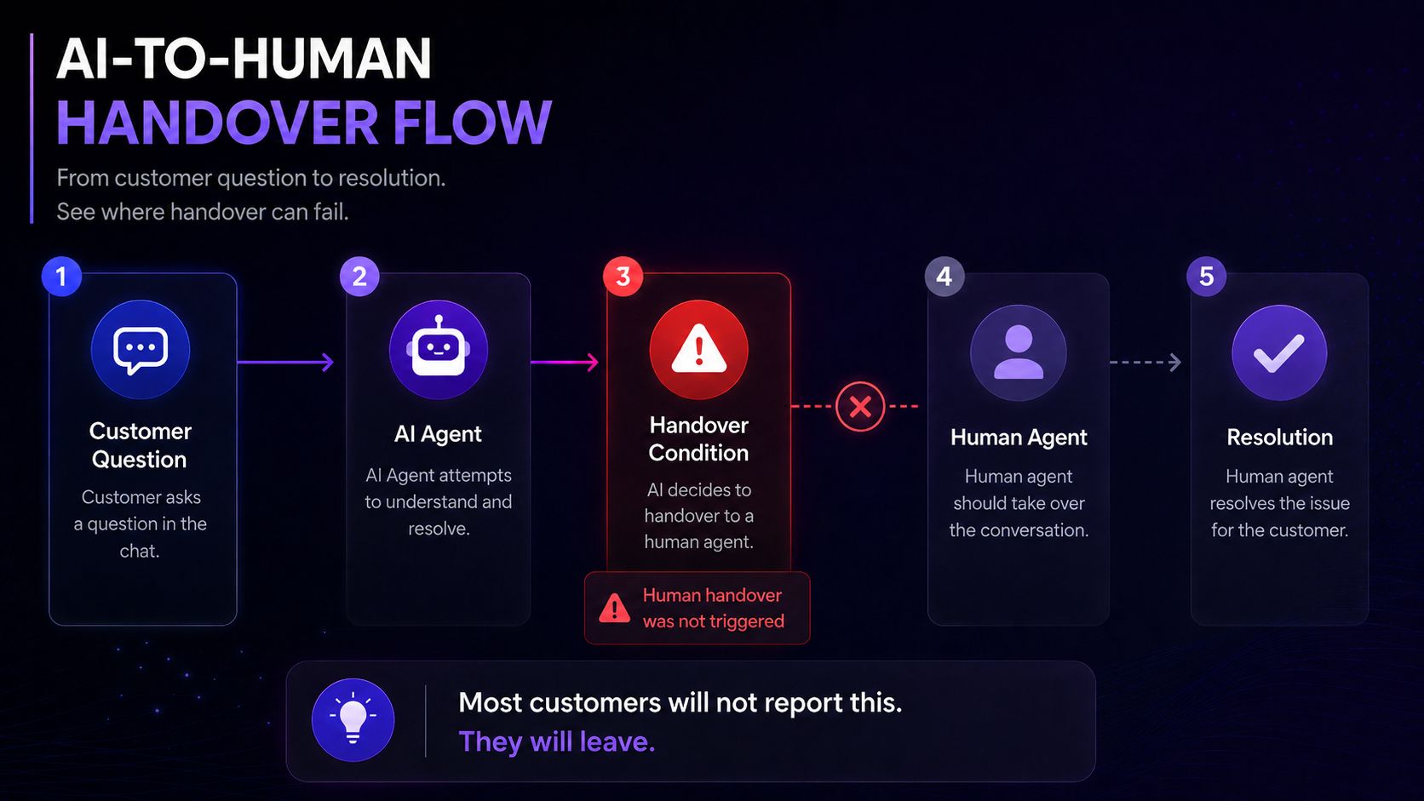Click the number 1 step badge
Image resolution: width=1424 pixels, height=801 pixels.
click(x=61, y=277)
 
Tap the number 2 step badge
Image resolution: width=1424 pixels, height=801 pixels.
click(x=359, y=277)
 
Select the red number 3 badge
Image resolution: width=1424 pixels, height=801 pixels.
click(x=623, y=277)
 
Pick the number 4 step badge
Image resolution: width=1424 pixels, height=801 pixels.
click(x=944, y=277)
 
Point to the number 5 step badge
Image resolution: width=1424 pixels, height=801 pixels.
click(x=1206, y=277)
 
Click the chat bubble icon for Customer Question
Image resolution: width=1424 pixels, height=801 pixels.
click(x=141, y=350)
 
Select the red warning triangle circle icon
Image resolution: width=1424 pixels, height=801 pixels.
click(x=698, y=350)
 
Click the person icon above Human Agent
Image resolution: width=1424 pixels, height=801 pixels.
click(x=1019, y=353)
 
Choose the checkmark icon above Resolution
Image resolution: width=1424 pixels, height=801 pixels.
click(x=1279, y=353)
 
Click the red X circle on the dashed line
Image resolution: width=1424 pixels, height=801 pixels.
click(x=860, y=407)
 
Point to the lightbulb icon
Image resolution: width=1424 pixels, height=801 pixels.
click(x=353, y=720)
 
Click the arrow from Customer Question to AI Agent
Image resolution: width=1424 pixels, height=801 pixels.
click(x=285, y=362)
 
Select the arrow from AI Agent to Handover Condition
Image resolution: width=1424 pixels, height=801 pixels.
click(x=565, y=362)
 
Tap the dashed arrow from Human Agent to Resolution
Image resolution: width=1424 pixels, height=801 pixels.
click(x=1146, y=362)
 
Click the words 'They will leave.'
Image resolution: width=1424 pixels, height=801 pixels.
click(x=557, y=742)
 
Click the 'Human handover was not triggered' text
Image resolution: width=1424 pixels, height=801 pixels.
click(x=713, y=608)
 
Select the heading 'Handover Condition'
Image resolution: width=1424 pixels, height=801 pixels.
click(x=698, y=439)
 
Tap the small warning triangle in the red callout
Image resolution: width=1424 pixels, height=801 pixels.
click(x=614, y=608)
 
